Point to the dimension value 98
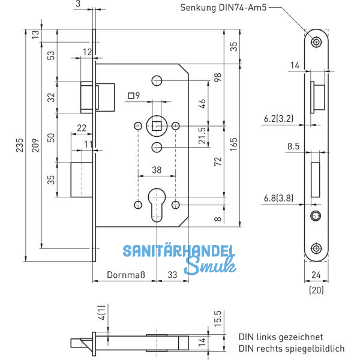click(x=218, y=78)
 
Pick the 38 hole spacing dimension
click(x=157, y=170)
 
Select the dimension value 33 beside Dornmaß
click(x=171, y=275)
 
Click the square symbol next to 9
click(x=130, y=96)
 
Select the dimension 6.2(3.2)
click(x=278, y=120)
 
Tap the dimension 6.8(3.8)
click(x=278, y=197)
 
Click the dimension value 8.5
click(x=293, y=146)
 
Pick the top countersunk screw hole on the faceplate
click(x=316, y=41)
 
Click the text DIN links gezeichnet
click(x=281, y=337)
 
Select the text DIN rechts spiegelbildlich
click(x=292, y=348)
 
